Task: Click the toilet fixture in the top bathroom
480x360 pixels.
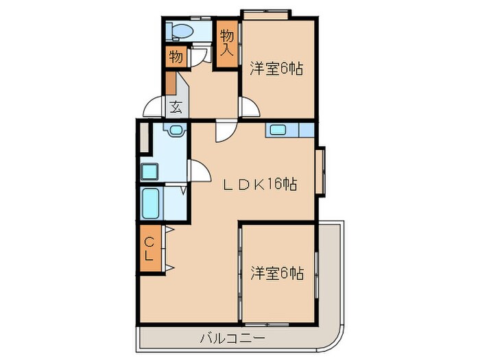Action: click(181, 30)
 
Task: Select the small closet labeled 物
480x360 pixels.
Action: click(176, 57)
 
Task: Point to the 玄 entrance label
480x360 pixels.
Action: click(176, 107)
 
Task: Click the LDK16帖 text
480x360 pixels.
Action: click(263, 185)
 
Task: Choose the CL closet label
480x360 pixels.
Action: click(149, 250)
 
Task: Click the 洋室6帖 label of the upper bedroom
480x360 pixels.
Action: click(276, 69)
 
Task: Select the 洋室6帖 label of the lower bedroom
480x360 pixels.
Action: click(276, 273)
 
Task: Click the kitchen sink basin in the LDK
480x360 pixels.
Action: click(278, 130)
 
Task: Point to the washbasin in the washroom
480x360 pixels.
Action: click(176, 130)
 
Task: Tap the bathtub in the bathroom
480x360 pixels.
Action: click(152, 203)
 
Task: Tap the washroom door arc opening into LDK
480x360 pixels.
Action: click(198, 171)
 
